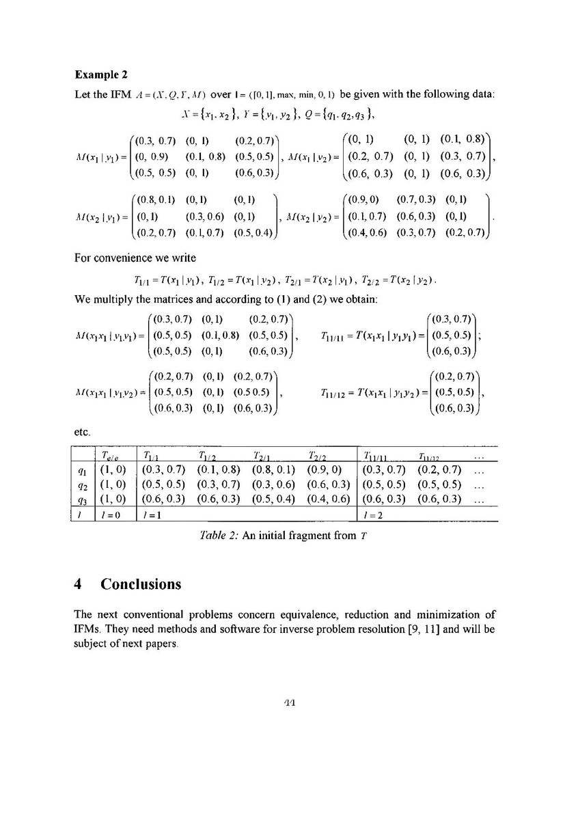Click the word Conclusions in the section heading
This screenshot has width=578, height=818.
click(x=141, y=584)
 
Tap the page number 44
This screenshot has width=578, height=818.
click(x=289, y=704)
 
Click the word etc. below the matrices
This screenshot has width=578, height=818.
click(x=81, y=431)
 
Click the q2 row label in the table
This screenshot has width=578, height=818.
click(x=81, y=484)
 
